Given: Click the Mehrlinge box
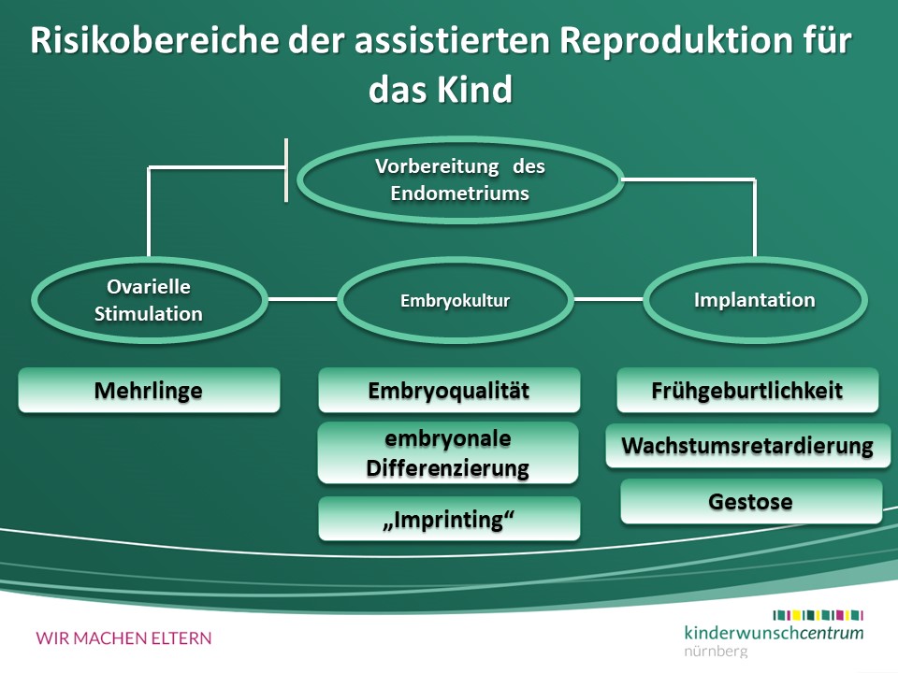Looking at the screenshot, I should click(x=149, y=390).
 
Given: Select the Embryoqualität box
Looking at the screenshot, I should click(x=449, y=390).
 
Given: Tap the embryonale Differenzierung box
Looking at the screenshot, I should click(x=448, y=452).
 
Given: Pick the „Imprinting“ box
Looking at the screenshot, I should click(x=449, y=519).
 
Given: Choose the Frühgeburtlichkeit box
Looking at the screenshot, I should click(x=747, y=390).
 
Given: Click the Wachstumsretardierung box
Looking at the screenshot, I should click(x=747, y=446).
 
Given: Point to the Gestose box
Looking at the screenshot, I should click(x=750, y=501).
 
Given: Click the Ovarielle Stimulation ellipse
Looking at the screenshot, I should click(x=149, y=301).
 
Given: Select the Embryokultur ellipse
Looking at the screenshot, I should click(x=455, y=301).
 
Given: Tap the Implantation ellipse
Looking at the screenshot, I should click(x=754, y=300).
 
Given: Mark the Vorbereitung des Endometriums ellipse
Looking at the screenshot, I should click(x=459, y=180).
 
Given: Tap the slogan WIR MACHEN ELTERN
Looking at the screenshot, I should click(x=124, y=638).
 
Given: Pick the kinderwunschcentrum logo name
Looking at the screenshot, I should click(x=774, y=632).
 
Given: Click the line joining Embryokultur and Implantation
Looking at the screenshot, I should click(x=608, y=300).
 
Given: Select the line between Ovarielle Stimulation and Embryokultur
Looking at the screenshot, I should click(x=301, y=300).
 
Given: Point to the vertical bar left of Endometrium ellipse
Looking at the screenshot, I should click(x=286, y=169).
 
